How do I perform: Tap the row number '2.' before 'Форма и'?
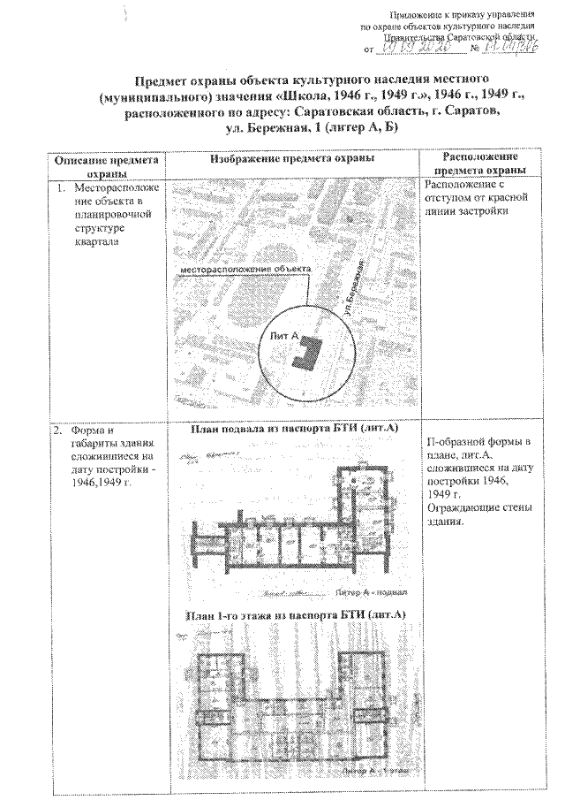pyautogui.click(x=58, y=430)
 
